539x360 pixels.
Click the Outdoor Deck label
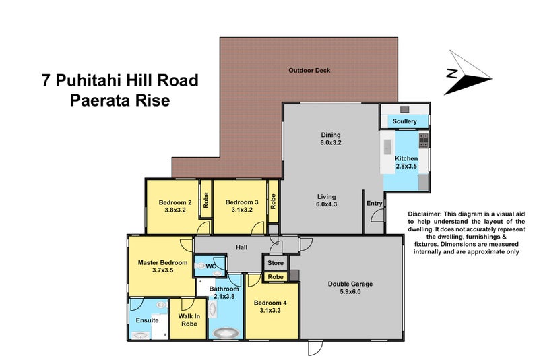point(309,71)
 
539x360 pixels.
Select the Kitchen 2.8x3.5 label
point(406,162)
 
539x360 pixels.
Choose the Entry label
point(374,203)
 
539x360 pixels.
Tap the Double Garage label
point(350,288)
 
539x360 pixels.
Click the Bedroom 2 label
point(175,206)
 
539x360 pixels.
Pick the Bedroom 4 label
point(270,307)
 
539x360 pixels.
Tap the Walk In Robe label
point(190,320)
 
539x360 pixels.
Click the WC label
point(210,267)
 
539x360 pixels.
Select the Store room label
point(275,263)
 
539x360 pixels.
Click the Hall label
point(242,247)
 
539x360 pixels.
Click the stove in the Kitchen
point(423,141)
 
